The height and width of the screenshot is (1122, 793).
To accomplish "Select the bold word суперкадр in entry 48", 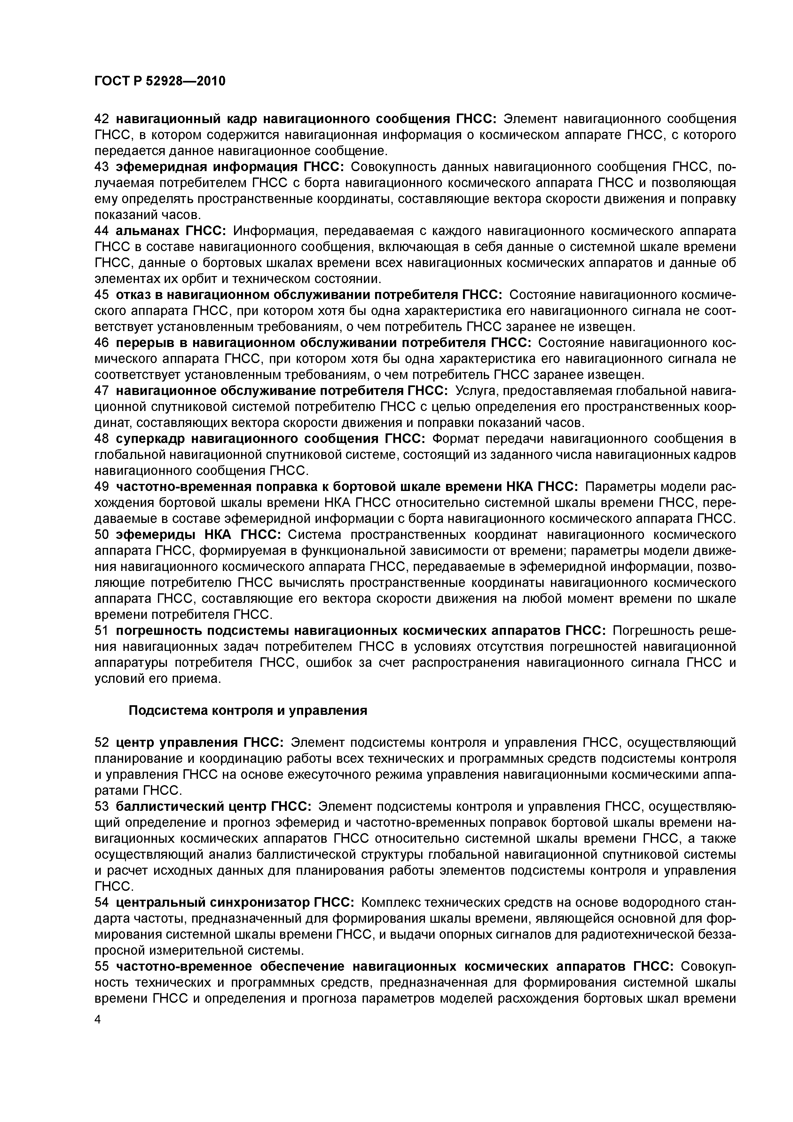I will (x=149, y=439).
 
